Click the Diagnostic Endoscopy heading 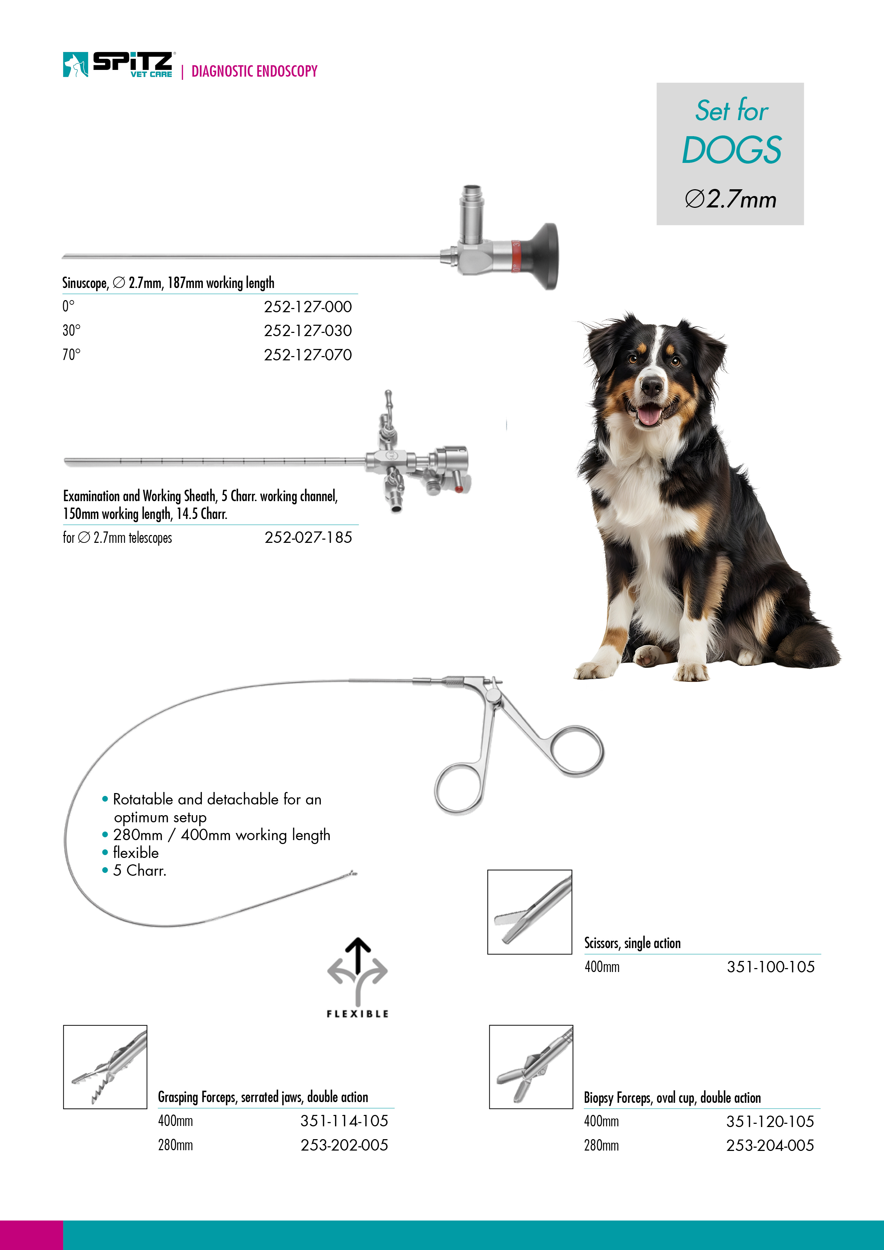coord(254,71)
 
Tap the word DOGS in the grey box coord(731,150)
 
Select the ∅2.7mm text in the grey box coord(730,199)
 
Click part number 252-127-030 coord(308,330)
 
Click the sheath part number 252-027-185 coord(308,537)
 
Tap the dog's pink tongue coord(649,416)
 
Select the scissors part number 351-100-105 coord(771,967)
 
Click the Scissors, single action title coord(632,943)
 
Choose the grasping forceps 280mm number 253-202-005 coord(344,1145)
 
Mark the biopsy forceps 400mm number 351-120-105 coord(770,1122)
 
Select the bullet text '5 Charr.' coord(139,870)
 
